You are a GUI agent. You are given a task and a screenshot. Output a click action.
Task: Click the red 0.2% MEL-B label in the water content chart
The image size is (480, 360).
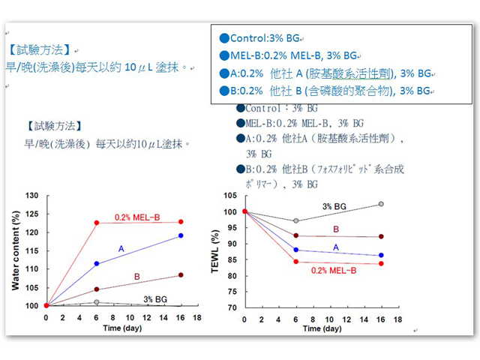pos(137,217)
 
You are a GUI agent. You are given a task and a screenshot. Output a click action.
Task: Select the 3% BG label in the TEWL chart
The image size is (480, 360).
pos(334,206)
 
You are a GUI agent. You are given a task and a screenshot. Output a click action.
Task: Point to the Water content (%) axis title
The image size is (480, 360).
pos(14,251)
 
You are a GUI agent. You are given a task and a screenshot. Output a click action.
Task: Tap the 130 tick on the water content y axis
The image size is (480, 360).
pos(31,196)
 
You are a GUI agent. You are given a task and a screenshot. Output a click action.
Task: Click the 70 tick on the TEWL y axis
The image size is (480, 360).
pos(232,307)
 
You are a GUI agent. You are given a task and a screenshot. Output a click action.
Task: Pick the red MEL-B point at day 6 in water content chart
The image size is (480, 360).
pos(97,223)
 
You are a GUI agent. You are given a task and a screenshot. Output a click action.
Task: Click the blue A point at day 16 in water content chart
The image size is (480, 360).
pos(180,236)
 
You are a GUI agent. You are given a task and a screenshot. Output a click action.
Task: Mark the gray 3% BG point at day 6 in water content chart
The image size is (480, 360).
pos(97,302)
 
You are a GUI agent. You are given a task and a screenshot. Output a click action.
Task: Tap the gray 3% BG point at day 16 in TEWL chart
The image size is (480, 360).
pos(381,204)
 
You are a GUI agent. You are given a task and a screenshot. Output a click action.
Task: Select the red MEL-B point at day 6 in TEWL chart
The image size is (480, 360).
pos(295,262)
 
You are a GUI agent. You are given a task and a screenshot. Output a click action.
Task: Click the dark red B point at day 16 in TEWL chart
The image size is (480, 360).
pos(381,237)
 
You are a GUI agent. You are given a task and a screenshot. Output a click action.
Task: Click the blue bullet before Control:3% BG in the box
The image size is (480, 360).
pos(223,38)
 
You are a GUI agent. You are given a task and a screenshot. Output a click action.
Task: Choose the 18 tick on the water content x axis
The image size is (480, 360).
pos(197,317)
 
